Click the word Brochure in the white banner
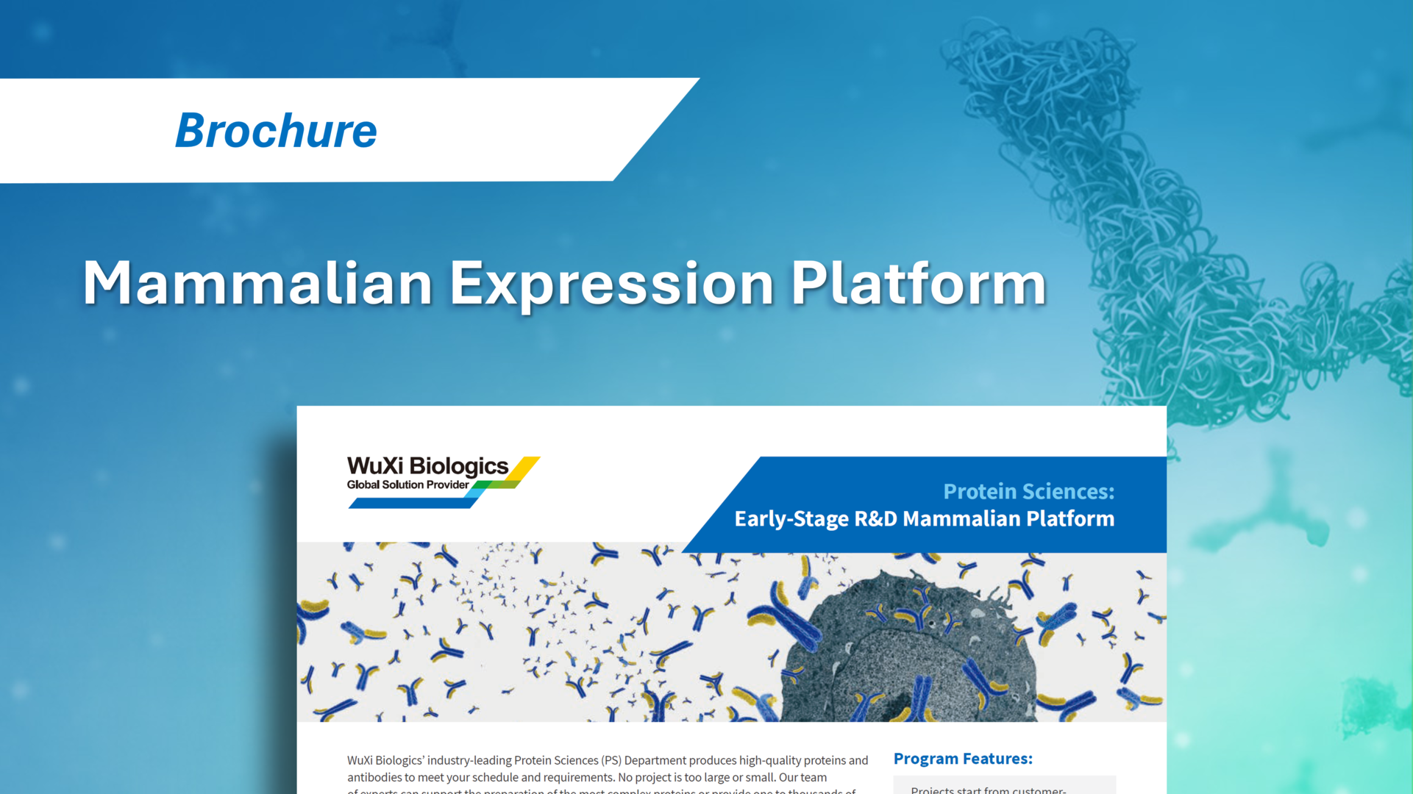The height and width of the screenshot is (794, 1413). (x=276, y=130)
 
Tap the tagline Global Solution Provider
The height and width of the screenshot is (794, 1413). (x=407, y=484)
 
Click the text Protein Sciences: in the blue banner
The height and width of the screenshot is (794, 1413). (x=1028, y=491)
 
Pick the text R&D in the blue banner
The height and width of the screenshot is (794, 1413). (x=875, y=519)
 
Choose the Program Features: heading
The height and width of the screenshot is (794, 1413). (x=962, y=759)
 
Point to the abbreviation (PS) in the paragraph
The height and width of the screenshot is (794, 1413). (x=611, y=760)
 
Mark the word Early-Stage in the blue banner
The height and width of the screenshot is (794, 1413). (x=791, y=519)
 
